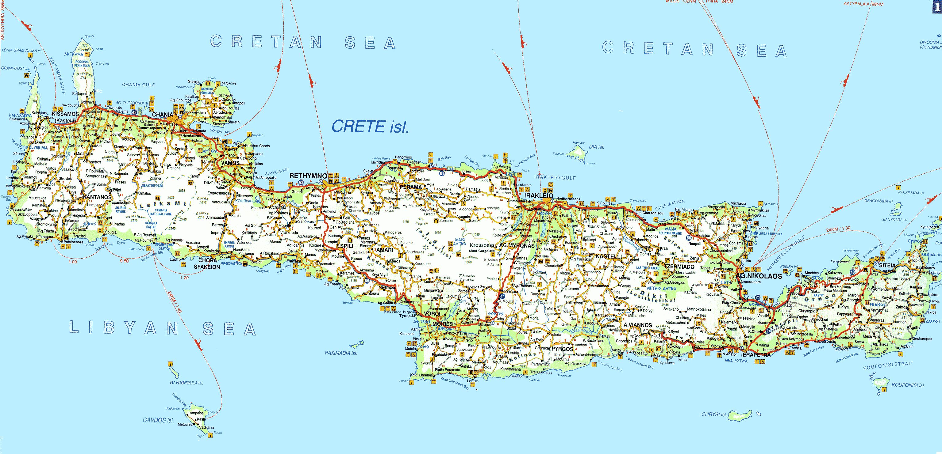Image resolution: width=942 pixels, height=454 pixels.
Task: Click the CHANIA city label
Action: point(162,115)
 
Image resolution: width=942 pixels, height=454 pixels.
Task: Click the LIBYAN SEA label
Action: point(163,328)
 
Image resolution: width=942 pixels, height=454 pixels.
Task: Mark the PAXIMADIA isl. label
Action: point(341,353)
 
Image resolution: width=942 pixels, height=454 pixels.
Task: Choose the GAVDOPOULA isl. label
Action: point(186,383)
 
